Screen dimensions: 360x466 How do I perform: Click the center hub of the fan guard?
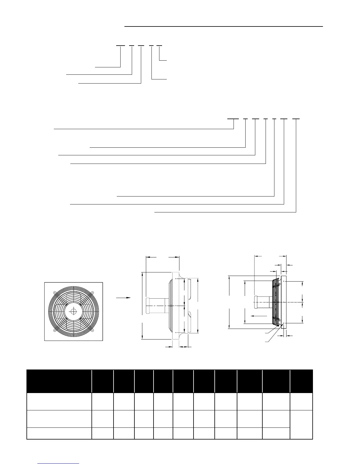(73, 312)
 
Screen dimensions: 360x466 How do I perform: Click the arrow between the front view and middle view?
(123, 298)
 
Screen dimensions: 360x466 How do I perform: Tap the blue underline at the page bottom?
(59, 463)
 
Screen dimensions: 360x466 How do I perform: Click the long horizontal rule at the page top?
(224, 26)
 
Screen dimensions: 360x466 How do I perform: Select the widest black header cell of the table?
(59, 381)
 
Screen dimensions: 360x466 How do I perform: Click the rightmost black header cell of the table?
(301, 381)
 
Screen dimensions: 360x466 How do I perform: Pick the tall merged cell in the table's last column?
(301, 424)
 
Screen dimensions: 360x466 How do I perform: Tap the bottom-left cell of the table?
(59, 433)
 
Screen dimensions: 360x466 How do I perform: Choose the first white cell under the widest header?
(59, 401)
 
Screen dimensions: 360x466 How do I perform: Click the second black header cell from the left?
(103, 381)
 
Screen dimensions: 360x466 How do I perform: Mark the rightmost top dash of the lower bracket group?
(296, 119)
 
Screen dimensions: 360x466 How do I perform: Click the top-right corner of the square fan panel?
(102, 283)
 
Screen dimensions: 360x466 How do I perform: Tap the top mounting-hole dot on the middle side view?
(176, 279)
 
